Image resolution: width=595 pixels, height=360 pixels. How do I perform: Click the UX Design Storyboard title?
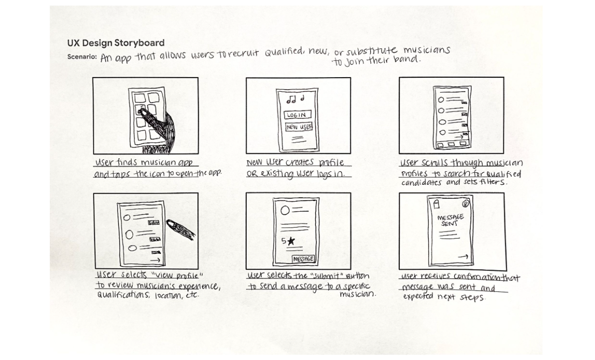click(116, 43)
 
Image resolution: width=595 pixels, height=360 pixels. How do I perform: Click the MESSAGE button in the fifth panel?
click(303, 259)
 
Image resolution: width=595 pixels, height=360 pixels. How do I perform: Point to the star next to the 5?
click(291, 241)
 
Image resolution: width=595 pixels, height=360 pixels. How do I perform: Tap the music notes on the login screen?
click(295, 100)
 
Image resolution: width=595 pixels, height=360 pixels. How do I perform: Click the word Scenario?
click(82, 57)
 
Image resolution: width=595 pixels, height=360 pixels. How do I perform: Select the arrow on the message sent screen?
click(463, 256)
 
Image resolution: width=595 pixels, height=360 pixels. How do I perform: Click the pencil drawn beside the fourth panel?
click(181, 229)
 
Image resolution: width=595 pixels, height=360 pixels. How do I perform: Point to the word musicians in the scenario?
click(427, 51)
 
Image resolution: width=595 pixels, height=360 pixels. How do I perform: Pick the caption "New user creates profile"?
click(298, 163)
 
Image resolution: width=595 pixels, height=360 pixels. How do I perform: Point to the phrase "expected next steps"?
click(444, 297)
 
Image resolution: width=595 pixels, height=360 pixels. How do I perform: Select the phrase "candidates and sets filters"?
click(453, 183)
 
